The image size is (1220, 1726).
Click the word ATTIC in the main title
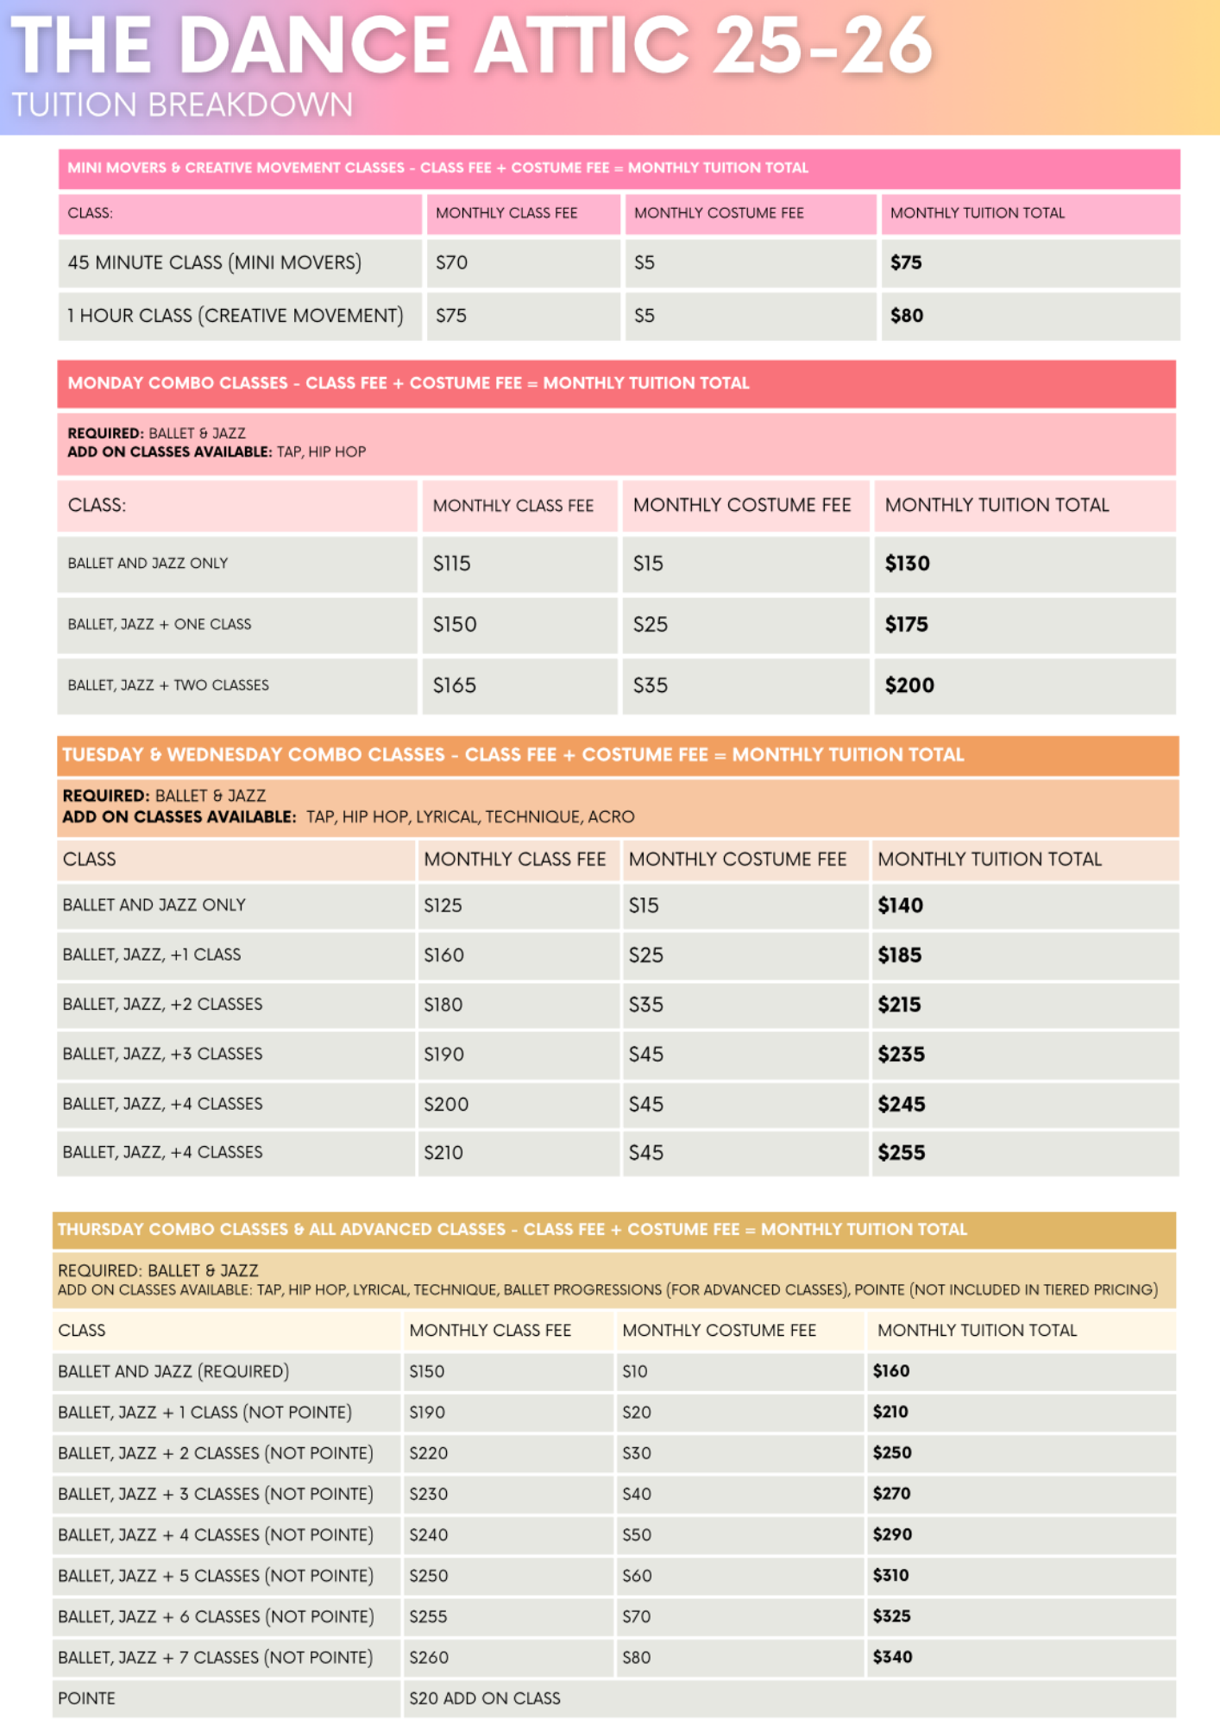[x=582, y=45]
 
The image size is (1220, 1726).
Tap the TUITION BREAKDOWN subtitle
[x=182, y=105]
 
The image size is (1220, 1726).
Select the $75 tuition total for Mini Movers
[x=906, y=262]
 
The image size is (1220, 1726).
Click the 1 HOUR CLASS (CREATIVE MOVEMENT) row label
[x=236, y=316]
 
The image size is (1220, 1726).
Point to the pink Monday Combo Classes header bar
[x=616, y=383]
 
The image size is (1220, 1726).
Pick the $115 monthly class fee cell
[x=452, y=564]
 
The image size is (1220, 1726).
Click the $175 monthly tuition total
[x=907, y=625]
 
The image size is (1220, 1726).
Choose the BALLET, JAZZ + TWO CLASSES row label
[x=168, y=685]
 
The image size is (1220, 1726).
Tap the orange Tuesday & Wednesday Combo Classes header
[x=617, y=755]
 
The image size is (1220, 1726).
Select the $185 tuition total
[x=900, y=955]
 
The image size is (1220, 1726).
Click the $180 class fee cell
[x=443, y=1005]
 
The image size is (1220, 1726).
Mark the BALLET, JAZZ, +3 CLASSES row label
[x=162, y=1054]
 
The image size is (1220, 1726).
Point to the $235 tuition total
[x=902, y=1055]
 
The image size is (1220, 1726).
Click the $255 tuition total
[x=902, y=1153]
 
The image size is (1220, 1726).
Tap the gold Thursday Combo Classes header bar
[x=613, y=1230]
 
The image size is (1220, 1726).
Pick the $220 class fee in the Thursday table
[x=429, y=1453]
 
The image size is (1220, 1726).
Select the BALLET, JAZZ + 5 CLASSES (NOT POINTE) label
[x=216, y=1576]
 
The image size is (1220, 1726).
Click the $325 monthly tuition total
[x=892, y=1616]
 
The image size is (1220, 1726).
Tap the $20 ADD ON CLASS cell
[x=485, y=1698]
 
